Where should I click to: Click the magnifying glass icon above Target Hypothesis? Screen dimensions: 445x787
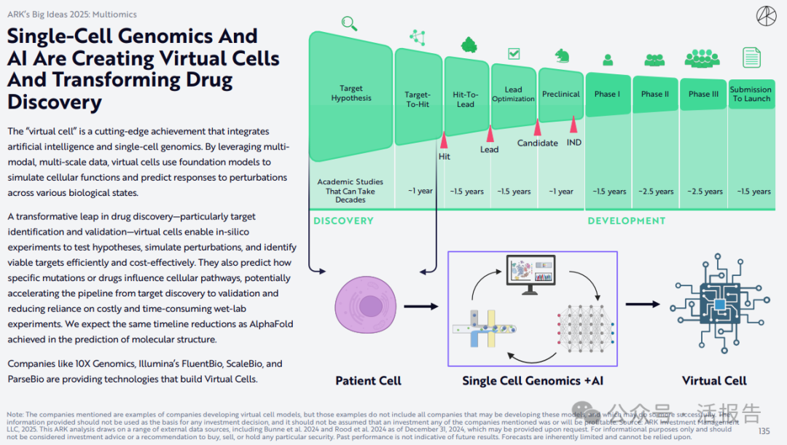click(x=349, y=23)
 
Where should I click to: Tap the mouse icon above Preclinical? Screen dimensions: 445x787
click(x=561, y=55)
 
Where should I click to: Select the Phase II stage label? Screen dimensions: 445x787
click(x=654, y=94)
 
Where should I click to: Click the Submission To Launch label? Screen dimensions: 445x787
click(x=751, y=94)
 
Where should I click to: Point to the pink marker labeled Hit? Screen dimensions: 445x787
click(x=443, y=138)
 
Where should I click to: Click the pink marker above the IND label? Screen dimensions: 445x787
click(x=573, y=124)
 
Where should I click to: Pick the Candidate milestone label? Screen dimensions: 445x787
click(x=538, y=143)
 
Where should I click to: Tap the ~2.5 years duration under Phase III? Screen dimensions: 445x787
click(x=704, y=192)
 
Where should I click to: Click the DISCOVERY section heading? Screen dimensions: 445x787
click(x=343, y=221)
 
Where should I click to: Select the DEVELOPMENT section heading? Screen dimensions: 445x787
click(x=626, y=221)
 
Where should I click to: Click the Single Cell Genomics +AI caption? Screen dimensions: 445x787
click(x=533, y=381)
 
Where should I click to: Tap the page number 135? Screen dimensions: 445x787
click(x=763, y=432)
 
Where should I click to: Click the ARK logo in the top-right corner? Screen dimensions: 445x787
click(x=766, y=15)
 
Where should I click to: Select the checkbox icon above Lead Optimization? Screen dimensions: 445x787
click(x=513, y=53)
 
